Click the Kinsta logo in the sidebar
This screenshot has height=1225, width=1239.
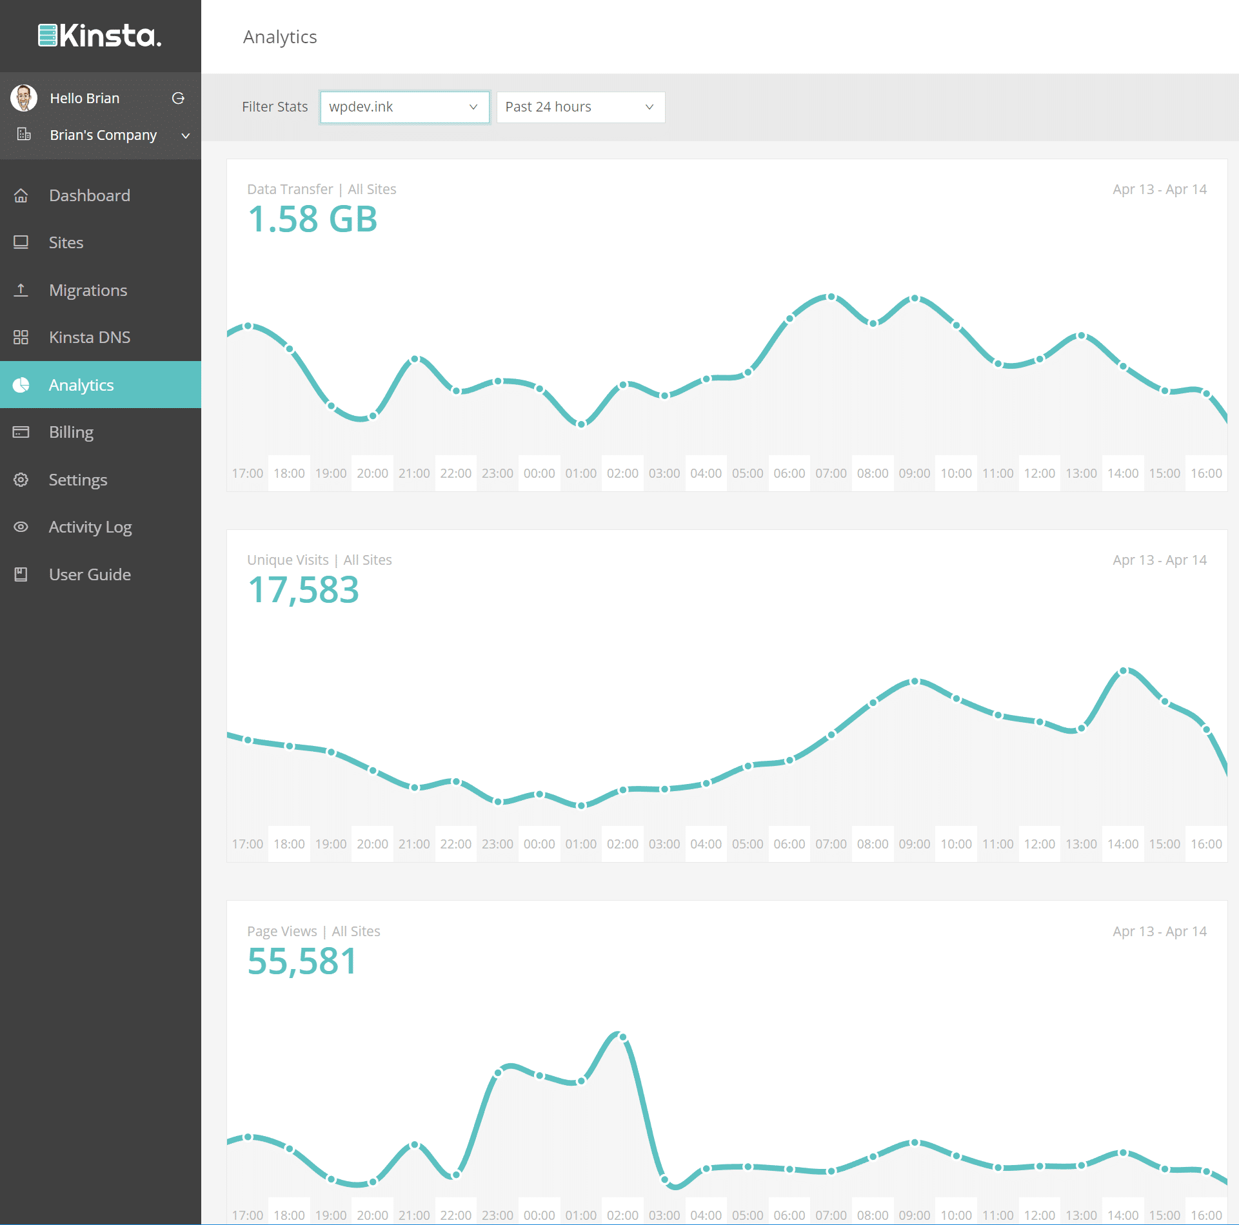pyautogui.click(x=100, y=35)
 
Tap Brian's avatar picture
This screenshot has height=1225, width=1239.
pyautogui.click(x=24, y=98)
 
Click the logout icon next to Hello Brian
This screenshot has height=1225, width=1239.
pyautogui.click(x=178, y=98)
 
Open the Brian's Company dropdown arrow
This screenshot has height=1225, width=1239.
pyautogui.click(x=186, y=135)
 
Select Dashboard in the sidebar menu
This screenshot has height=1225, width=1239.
pyautogui.click(x=89, y=195)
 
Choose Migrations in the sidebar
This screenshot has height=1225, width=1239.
pyautogui.click(x=88, y=290)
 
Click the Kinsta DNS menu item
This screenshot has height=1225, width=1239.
pyautogui.click(x=89, y=337)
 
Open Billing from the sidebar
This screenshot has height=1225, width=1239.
pyautogui.click(x=71, y=432)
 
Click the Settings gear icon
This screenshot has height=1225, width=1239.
pyautogui.click(x=21, y=480)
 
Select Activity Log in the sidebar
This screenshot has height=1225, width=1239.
pyautogui.click(x=90, y=527)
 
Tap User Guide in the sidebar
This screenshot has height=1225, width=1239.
pyautogui.click(x=90, y=574)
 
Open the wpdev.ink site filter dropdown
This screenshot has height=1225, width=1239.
pyautogui.click(x=404, y=107)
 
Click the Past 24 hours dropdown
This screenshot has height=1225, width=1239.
pyautogui.click(x=580, y=107)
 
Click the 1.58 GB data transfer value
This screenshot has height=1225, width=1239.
pyautogui.click(x=312, y=219)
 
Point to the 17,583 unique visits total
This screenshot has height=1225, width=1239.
pyautogui.click(x=303, y=590)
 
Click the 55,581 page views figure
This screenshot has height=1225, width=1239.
pyautogui.click(x=302, y=961)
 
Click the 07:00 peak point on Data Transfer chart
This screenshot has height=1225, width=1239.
pyautogui.click(x=831, y=297)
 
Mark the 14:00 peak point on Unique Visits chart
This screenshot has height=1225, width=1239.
pyautogui.click(x=1123, y=671)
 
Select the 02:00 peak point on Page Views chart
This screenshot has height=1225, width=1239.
pyautogui.click(x=622, y=1036)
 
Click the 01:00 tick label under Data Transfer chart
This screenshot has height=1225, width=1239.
pyautogui.click(x=580, y=473)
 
